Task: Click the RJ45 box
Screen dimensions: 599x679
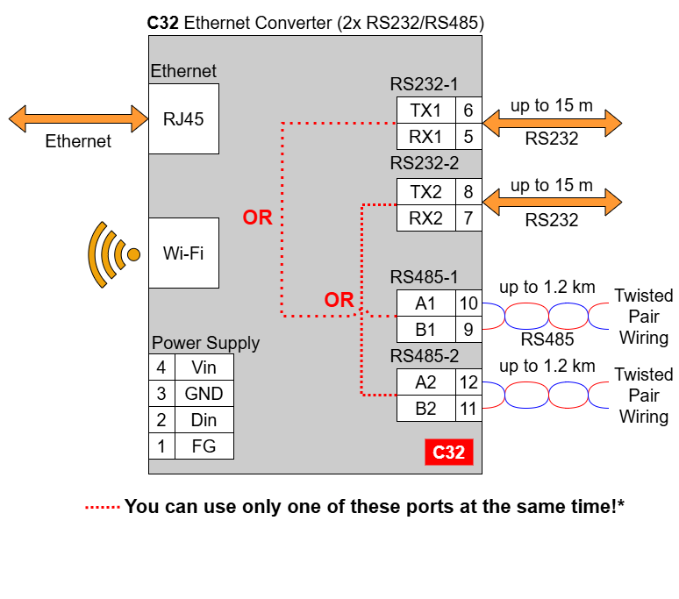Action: [x=183, y=119]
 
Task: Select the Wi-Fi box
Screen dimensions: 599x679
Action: [x=183, y=253]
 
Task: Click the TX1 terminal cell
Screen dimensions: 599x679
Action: [x=426, y=110]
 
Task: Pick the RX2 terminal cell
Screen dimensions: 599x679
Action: [x=426, y=218]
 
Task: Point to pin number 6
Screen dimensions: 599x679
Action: [x=468, y=110]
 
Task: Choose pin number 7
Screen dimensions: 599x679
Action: [x=468, y=218]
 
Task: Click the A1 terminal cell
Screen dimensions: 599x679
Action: [x=426, y=303]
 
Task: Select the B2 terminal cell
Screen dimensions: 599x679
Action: [x=426, y=408]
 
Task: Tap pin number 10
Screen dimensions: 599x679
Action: [x=468, y=303]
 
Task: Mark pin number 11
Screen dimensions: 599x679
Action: [x=468, y=408]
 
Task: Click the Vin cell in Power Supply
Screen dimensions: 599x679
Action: [x=204, y=367]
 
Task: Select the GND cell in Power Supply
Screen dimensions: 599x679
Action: [x=204, y=394]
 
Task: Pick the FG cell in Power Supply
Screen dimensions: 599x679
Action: [x=204, y=446]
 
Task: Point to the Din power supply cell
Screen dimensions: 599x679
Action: [x=204, y=420]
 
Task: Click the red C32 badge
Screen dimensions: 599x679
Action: [x=449, y=453]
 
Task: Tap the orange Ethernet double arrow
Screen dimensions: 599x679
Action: [x=78, y=118]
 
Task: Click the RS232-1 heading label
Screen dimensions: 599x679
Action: [x=425, y=84]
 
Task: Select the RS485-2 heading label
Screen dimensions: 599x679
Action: [x=425, y=357]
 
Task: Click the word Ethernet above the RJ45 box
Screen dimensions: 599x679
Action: [x=183, y=71]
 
